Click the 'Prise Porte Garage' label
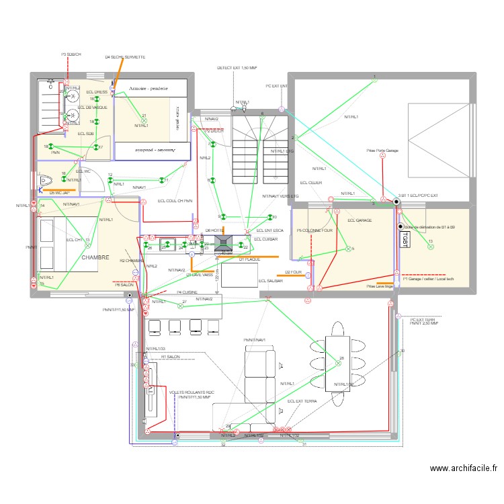tap(382, 151)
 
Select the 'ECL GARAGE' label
tap(360, 220)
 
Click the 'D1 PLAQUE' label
tap(249, 259)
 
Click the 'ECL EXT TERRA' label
tap(302, 401)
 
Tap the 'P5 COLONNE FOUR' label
tap(314, 231)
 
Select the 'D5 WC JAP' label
tap(59, 193)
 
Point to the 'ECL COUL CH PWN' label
tap(175, 200)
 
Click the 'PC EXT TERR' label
tap(423, 319)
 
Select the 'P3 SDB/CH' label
tap(71, 54)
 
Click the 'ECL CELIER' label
tap(311, 183)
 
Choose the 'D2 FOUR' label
tap(294, 272)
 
